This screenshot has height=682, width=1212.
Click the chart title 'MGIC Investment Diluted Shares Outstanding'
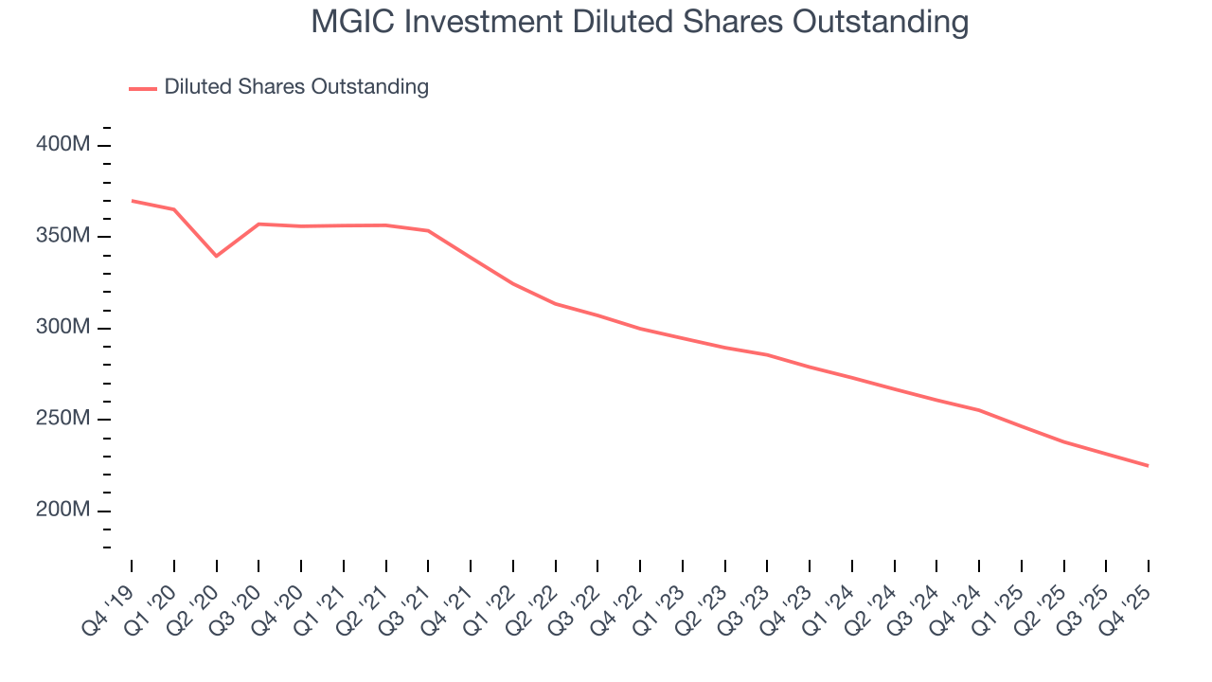(x=639, y=22)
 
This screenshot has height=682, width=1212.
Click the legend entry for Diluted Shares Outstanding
(x=295, y=87)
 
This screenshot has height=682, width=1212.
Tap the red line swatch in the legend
(x=143, y=88)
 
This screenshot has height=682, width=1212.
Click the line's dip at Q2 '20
(x=217, y=256)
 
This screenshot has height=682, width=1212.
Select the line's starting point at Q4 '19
(x=132, y=201)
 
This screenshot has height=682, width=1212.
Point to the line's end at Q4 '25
(x=1149, y=465)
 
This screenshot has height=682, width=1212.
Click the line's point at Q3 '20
(x=259, y=224)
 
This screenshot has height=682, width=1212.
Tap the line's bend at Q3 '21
(x=428, y=230)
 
